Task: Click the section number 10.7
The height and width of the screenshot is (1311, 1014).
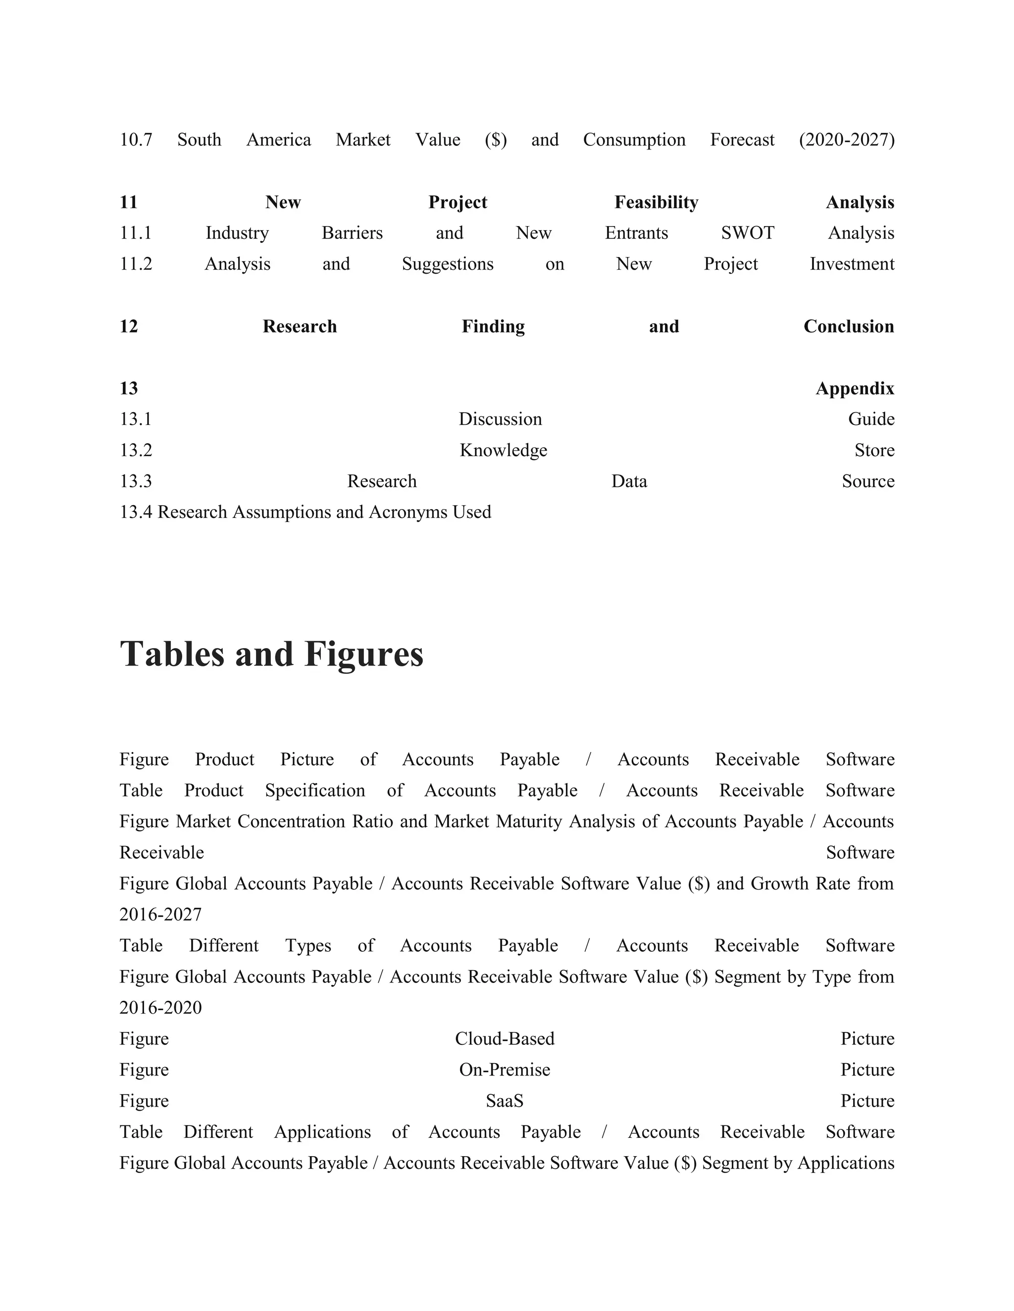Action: (136, 140)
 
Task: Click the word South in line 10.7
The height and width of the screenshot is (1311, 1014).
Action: (199, 140)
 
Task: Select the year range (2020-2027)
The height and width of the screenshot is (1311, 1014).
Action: (846, 140)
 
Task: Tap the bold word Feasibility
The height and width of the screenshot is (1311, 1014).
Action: (656, 202)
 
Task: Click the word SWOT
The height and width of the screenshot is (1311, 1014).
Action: (747, 233)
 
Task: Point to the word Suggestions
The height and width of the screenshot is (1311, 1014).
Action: (448, 264)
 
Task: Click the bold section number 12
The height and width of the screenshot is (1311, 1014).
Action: (129, 327)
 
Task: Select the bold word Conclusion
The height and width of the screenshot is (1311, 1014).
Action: (848, 327)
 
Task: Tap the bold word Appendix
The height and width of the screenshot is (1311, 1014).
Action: (854, 388)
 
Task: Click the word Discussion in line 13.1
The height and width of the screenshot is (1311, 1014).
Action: (500, 419)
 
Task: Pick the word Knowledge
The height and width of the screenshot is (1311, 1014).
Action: (504, 450)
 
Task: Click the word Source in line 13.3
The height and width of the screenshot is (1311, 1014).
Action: (867, 481)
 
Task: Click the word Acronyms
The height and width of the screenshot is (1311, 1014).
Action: (408, 512)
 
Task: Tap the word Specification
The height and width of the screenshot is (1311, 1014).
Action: (315, 791)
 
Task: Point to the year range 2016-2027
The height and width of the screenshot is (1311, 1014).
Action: (160, 915)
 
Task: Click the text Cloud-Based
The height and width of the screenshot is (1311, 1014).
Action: (505, 1039)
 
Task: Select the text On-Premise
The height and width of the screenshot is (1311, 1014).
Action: (505, 1070)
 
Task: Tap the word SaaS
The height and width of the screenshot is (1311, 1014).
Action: (505, 1101)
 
